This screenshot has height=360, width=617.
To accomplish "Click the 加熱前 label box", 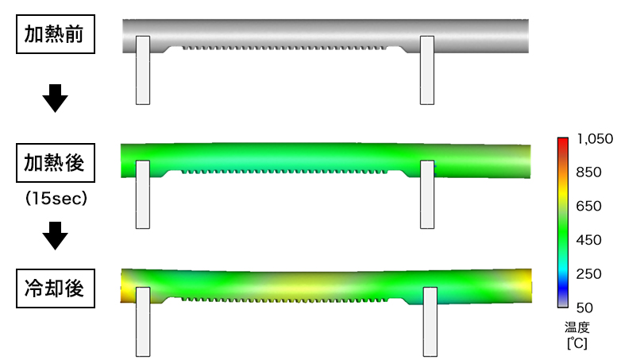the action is [x=56, y=34].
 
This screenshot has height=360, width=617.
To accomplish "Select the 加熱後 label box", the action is [x=56, y=163].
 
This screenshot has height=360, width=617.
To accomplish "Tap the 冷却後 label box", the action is [x=56, y=288].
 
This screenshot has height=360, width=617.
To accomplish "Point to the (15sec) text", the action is [x=56, y=198].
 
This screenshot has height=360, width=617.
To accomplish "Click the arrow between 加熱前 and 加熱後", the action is [x=55, y=98].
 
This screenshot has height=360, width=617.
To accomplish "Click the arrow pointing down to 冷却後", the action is [x=55, y=235].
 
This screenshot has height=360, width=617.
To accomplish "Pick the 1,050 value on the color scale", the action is [x=595, y=138].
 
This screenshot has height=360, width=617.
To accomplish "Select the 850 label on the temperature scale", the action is [x=588, y=172].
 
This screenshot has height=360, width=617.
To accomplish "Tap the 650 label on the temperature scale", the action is [x=588, y=206].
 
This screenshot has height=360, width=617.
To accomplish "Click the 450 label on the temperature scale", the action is [x=588, y=240].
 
